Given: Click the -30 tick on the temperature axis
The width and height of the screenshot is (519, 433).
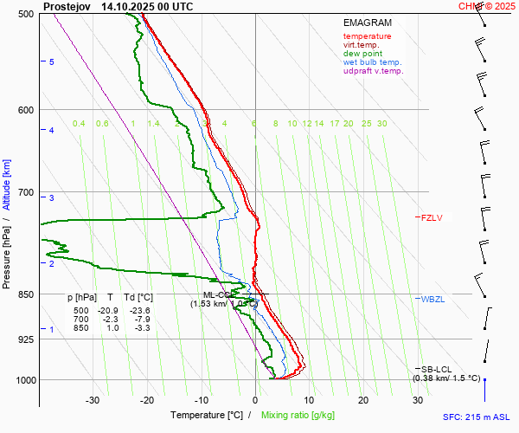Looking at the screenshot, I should click(x=93, y=400).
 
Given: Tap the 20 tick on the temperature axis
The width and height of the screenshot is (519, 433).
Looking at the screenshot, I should click(x=363, y=400).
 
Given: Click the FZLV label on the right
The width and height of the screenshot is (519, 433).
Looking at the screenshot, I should click(x=431, y=218).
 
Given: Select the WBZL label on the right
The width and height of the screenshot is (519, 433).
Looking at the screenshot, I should click(x=432, y=299).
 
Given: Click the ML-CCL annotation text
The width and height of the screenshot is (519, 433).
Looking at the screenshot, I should click(x=208, y=294).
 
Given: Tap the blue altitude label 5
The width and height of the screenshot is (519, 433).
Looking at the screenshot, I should click(x=52, y=62).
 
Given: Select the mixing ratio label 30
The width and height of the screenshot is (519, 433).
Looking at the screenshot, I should click(x=381, y=124).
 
